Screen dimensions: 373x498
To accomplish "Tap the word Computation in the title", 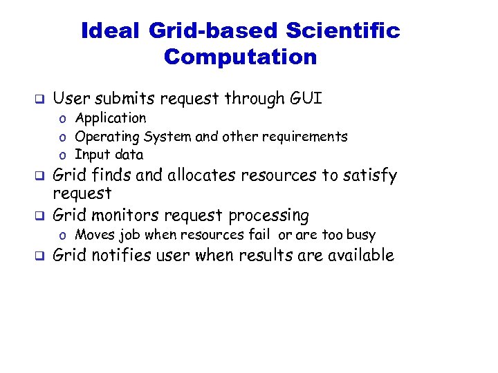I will pos(240,57).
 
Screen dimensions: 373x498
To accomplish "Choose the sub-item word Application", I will pos(111,119).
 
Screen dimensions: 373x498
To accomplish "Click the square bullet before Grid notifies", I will pos(40,256).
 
